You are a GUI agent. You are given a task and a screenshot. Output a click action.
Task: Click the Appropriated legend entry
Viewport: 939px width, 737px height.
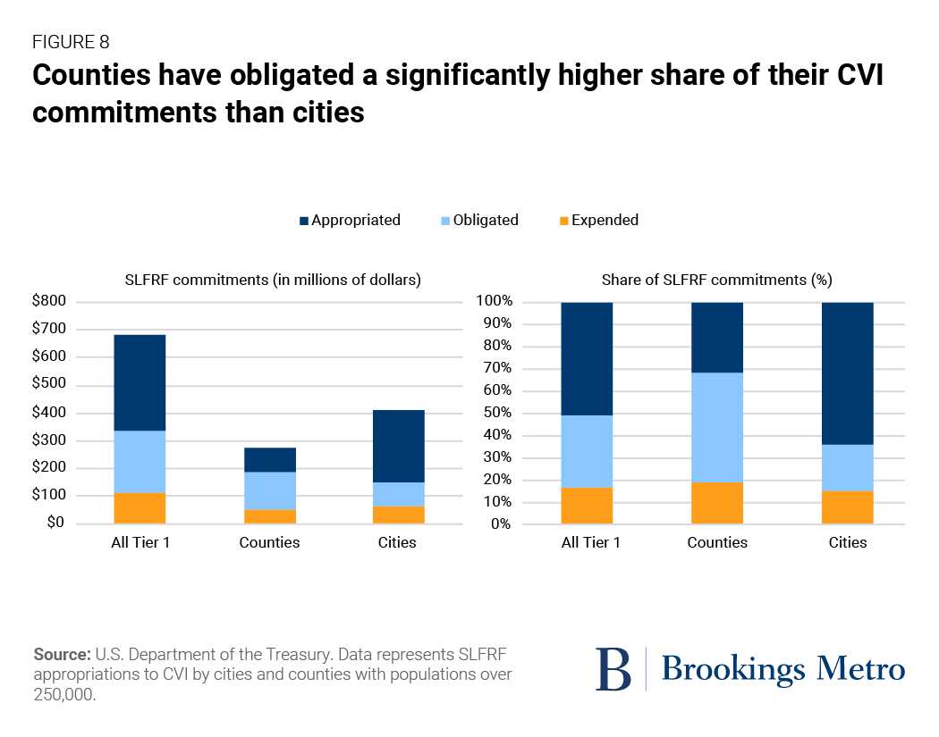355,220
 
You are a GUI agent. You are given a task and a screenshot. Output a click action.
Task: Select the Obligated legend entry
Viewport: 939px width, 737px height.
485,220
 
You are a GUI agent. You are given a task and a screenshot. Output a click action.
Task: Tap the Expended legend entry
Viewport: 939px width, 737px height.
605,220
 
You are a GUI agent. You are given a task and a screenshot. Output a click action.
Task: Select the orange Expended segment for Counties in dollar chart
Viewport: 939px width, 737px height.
270,516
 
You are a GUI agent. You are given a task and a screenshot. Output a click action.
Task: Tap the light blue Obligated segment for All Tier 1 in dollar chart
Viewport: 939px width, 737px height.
140,461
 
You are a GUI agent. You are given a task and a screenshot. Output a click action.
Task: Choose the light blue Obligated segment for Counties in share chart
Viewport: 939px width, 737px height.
717,427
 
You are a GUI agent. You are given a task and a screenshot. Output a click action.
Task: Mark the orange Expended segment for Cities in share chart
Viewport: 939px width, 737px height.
847,507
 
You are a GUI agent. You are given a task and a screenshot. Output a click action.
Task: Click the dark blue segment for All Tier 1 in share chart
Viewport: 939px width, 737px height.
587,358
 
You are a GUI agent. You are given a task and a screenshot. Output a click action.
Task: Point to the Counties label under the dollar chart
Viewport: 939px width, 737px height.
270,542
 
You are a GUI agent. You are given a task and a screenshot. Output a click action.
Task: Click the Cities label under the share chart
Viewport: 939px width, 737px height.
847,542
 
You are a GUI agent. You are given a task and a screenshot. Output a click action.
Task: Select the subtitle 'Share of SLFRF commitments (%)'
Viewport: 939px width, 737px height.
717,280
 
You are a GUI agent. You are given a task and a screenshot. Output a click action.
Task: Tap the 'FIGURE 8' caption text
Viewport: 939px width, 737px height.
71,41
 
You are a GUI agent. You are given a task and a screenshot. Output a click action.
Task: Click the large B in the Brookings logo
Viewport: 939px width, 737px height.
613,669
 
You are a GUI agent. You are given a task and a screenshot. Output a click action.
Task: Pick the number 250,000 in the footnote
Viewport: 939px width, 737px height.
63,692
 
